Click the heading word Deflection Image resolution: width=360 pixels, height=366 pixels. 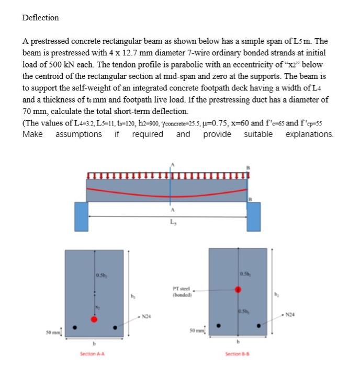coord(40,18)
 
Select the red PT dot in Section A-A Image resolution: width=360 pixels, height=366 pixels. coord(94,318)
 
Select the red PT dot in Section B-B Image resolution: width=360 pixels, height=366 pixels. coord(239,289)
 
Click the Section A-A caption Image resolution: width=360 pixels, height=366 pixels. coord(94,354)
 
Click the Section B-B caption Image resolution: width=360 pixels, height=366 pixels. coord(239,354)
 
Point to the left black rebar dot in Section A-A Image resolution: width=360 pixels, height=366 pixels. coord(75,328)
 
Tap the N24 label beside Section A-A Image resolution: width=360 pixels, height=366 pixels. coord(148,316)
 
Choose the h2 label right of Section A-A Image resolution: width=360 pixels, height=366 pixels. coord(133,297)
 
